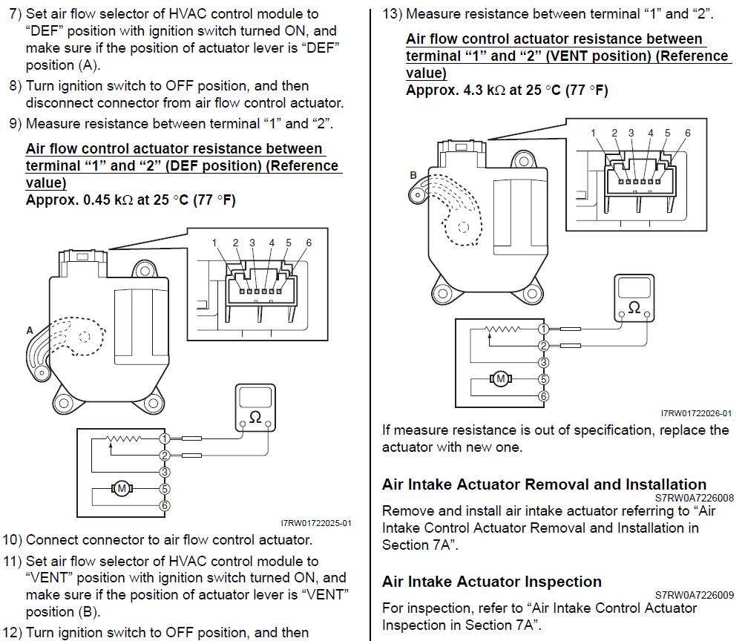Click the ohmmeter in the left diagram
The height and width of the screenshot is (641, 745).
click(x=255, y=408)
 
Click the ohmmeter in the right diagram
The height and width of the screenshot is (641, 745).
click(x=634, y=298)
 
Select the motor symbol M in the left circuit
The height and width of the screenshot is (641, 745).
click(x=120, y=488)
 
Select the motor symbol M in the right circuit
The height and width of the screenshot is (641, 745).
click(x=500, y=379)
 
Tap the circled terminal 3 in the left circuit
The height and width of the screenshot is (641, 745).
click(x=164, y=471)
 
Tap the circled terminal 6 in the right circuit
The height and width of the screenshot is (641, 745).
click(x=544, y=396)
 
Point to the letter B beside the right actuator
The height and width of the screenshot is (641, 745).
click(x=413, y=175)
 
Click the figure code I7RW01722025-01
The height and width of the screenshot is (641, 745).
click(x=316, y=523)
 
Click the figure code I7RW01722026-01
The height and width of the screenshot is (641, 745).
click(x=696, y=413)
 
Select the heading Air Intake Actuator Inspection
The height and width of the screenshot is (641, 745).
click(x=492, y=582)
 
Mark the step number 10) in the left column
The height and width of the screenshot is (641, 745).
click(x=13, y=540)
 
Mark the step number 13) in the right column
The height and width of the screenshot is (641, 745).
click(x=392, y=14)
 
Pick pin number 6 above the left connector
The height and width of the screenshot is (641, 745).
click(x=309, y=243)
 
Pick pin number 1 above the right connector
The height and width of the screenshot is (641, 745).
click(x=594, y=133)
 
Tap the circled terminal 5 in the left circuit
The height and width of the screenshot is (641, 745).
click(x=164, y=489)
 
